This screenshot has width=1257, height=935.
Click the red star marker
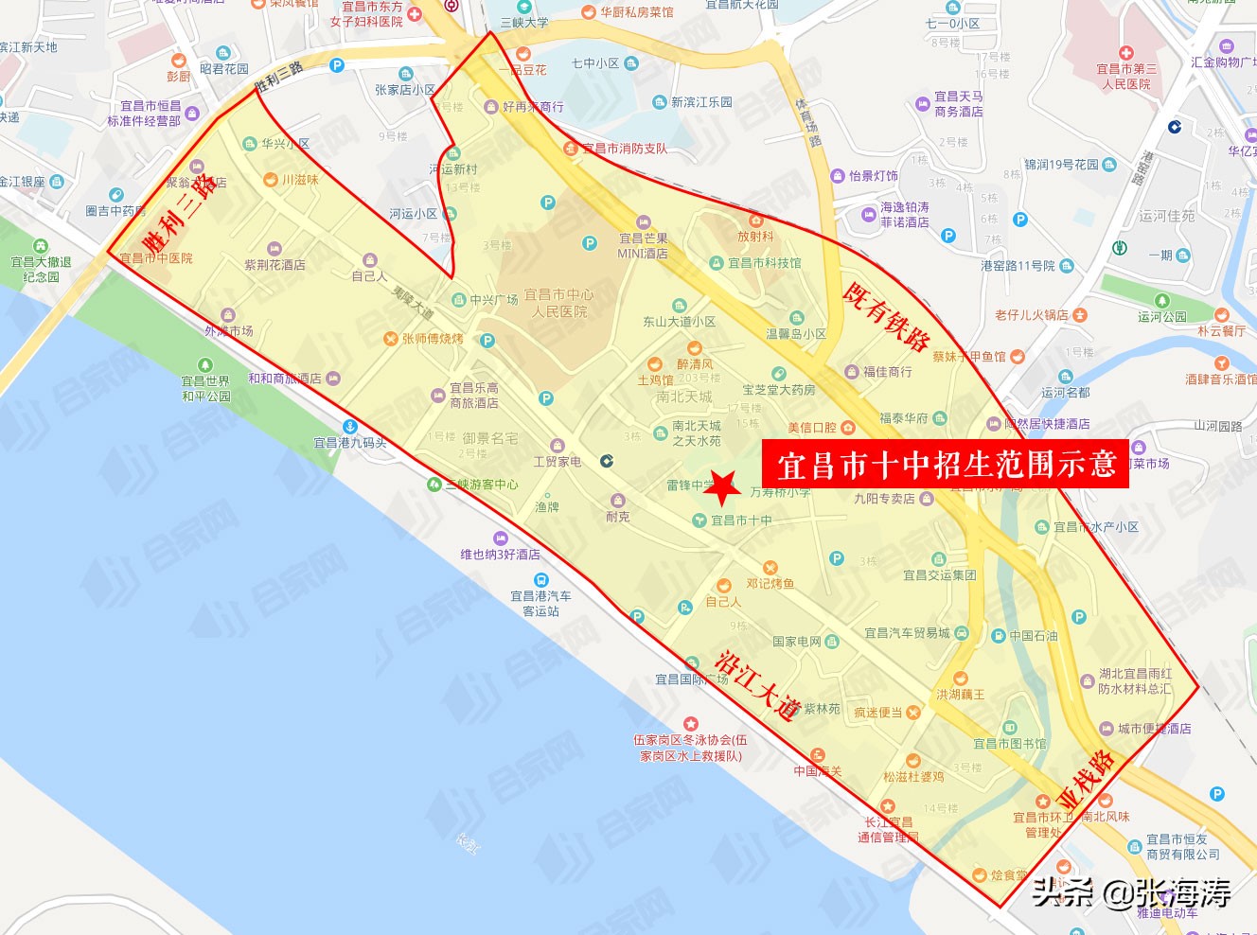(724, 488)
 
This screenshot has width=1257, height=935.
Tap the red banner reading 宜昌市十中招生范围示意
(946, 464)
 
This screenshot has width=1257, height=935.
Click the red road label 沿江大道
(758, 686)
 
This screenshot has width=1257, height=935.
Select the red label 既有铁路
(886, 317)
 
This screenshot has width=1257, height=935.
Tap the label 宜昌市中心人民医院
(558, 303)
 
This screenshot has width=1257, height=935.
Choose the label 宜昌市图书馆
(1010, 744)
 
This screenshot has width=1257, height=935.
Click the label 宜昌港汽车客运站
(540, 604)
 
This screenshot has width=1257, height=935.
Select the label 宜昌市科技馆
(764, 263)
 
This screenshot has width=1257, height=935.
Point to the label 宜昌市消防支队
(624, 149)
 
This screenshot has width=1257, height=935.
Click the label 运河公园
(1161, 317)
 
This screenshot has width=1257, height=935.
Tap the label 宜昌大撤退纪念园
(41, 269)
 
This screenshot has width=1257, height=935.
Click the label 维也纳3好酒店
(500, 555)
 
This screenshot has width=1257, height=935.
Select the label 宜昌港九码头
(350, 442)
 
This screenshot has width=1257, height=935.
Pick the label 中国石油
(1033, 636)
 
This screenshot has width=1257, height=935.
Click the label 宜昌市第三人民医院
(1126, 76)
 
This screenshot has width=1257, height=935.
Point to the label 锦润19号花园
(1061, 165)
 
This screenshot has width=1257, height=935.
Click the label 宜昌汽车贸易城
(907, 633)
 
